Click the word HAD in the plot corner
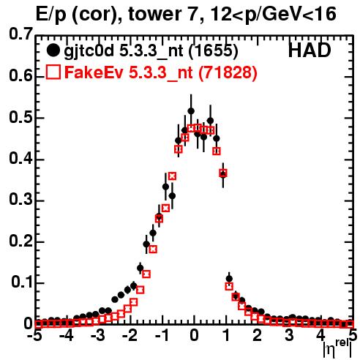pyautogui.click(x=310, y=50)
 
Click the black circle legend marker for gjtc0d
pyautogui.click(x=53, y=50)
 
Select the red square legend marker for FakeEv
pyautogui.click(x=53, y=72)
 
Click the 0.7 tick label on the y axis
pyautogui.click(x=20, y=34)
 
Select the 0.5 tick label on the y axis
pyautogui.click(x=20, y=117)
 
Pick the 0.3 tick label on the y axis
pyautogui.click(x=20, y=200)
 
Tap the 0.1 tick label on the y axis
pyautogui.click(x=22, y=282)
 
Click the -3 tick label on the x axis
pyautogui.click(x=98, y=335)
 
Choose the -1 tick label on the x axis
pyautogui.click(x=162, y=335)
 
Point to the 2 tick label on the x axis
pyautogui.click(x=258, y=335)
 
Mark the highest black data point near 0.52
pyautogui.click(x=191, y=111)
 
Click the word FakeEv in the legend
pyautogui.click(x=94, y=72)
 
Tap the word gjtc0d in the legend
pyautogui.click(x=89, y=52)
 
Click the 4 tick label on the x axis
pyautogui.click(x=321, y=335)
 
